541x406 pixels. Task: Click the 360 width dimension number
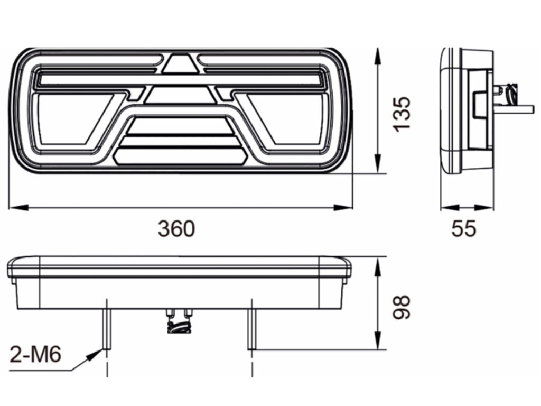tap(176, 229)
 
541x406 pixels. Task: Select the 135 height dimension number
tap(402, 114)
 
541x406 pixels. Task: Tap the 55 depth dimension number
tap(464, 228)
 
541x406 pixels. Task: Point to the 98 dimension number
tap(402, 307)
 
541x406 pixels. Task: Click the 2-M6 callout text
tap(36, 355)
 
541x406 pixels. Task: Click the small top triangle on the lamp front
tap(181, 63)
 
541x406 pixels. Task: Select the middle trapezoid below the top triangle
tap(181, 95)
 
